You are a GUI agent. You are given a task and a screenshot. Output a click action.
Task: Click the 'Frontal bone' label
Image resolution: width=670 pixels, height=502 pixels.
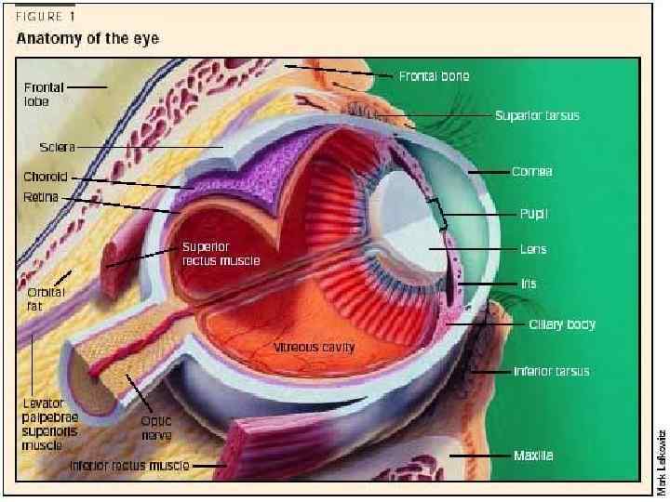click(434, 75)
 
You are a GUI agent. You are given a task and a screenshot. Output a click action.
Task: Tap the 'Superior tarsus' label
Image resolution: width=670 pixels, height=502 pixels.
click(537, 116)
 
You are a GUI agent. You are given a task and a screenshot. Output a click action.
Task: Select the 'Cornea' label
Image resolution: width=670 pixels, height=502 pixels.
click(531, 172)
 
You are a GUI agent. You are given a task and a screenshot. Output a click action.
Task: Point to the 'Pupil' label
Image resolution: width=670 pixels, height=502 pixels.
click(533, 213)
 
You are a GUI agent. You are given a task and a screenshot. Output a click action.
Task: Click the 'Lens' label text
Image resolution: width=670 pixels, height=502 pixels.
click(532, 249)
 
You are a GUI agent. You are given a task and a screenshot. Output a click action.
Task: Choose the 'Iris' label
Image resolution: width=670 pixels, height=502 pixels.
click(528, 284)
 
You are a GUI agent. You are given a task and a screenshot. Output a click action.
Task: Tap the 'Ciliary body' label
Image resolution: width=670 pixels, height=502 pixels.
click(561, 324)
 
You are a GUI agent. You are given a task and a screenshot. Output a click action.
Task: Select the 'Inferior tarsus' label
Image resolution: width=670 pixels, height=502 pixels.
click(551, 372)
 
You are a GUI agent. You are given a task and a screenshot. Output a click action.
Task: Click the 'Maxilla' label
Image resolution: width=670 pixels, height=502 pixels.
click(533, 456)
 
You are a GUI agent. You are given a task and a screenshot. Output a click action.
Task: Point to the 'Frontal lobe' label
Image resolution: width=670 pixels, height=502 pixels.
click(43, 94)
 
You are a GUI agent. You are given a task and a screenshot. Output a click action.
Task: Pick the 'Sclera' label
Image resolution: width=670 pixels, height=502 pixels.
click(57, 147)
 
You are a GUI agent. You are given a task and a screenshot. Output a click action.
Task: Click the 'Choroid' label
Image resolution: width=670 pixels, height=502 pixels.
click(46, 177)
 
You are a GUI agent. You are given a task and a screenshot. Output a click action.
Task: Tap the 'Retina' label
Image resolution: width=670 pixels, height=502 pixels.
click(41, 197)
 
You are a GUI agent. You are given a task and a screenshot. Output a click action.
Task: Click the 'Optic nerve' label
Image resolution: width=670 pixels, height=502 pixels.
click(155, 427)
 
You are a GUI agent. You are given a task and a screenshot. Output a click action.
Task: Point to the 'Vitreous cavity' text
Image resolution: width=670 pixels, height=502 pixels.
click(314, 348)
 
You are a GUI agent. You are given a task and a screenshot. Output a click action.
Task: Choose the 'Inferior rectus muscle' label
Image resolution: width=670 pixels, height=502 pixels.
click(129, 464)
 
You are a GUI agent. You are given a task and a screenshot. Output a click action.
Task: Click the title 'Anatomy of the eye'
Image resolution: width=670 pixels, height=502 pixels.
click(87, 38)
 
